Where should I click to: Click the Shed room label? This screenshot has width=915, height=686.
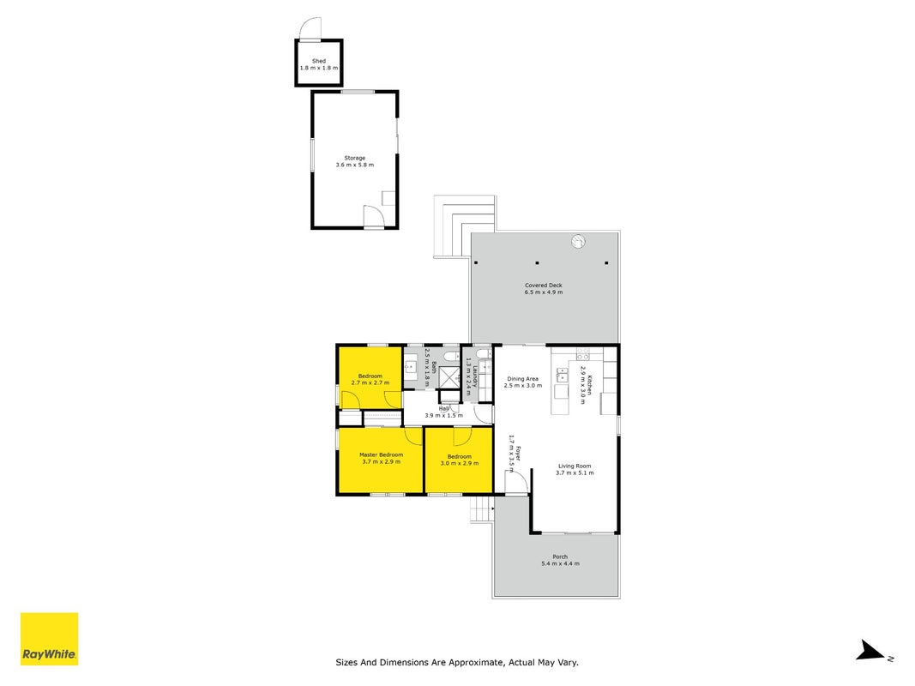tap(319, 61)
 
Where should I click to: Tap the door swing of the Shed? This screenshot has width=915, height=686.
tap(310, 28)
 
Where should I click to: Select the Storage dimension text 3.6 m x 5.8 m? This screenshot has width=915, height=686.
tap(355, 165)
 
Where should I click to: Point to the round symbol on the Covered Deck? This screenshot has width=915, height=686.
tap(578, 241)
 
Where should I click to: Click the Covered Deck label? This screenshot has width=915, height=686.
tap(544, 286)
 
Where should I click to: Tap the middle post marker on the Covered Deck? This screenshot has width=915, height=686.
tap(537, 263)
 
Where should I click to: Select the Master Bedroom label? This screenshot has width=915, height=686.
tap(381, 454)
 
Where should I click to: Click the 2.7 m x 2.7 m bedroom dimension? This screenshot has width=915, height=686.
tap(370, 382)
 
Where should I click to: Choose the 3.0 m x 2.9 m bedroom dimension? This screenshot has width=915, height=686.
tap(460, 463)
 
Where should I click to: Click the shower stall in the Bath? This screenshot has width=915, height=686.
tap(449, 377)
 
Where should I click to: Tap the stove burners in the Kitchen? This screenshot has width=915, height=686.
tap(583, 353)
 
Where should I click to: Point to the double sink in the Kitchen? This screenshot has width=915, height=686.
tap(562, 375)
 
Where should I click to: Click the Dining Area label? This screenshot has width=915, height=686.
tap(522, 378)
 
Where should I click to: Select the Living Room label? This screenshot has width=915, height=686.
tap(575, 466)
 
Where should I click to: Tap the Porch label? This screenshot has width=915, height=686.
tap(560, 557)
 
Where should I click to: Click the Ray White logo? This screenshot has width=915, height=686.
tap(50, 639)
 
